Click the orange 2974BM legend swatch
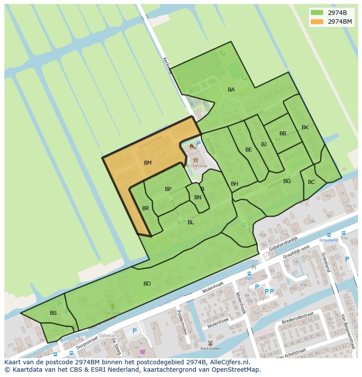[x=317, y=21]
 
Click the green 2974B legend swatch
[x=317, y=12]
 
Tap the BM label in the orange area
[x=148, y=163]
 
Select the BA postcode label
[x=231, y=90]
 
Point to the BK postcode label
[x=305, y=127]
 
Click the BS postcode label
[x=53, y=313]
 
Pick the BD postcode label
[x=147, y=284]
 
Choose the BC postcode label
[x=311, y=182]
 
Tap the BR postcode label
[x=146, y=208]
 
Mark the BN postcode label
[x=198, y=197]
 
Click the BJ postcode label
[x=264, y=144]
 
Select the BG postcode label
[x=287, y=181]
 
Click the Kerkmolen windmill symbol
[x=210, y=343]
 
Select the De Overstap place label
[x=195, y=166]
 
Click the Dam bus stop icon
[x=249, y=273]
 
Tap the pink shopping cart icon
[x=143, y=351]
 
